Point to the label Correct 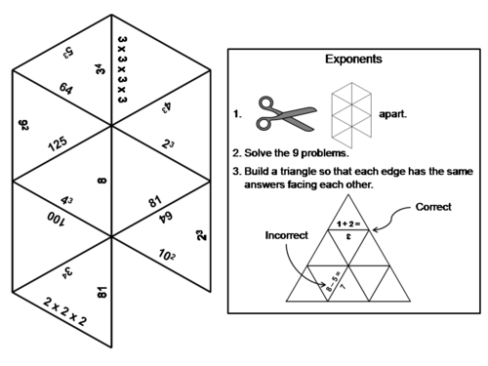(433, 208)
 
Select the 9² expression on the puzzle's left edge (22, 125)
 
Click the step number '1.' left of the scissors (237, 114)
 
